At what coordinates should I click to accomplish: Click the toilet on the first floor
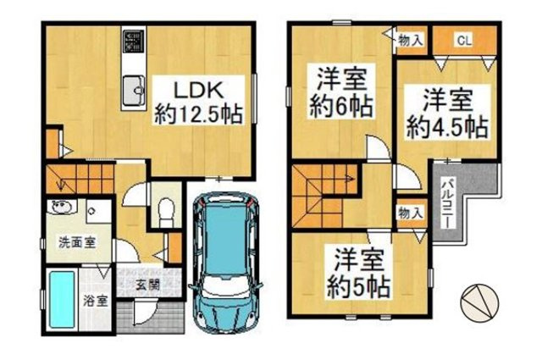166,208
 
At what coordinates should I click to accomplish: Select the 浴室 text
95,301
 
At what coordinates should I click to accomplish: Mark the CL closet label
463,39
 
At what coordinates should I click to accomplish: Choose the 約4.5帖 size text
445,127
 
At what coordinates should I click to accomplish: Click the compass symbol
478,302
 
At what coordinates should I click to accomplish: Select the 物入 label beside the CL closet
412,39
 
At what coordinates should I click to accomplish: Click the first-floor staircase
77,179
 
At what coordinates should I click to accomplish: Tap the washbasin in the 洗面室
62,209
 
